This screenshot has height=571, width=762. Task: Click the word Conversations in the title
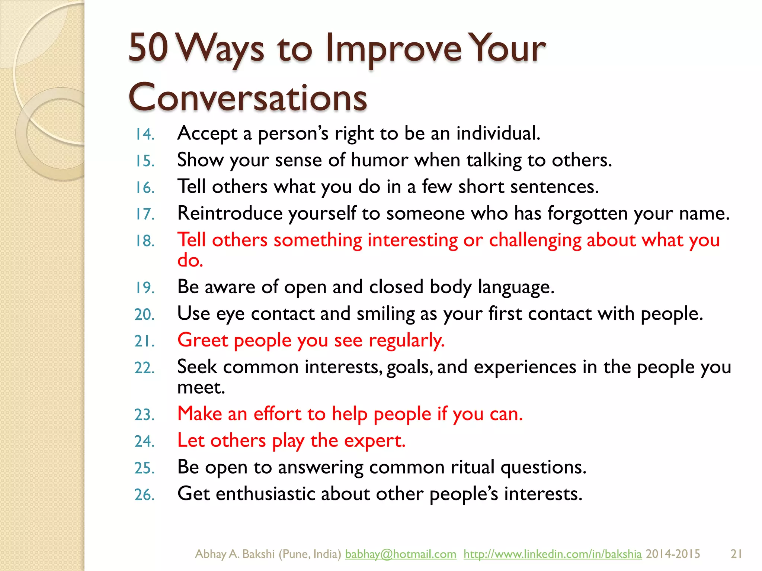click(x=247, y=97)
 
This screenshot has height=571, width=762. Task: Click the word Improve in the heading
click(x=393, y=49)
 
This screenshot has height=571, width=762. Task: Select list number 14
click(x=144, y=134)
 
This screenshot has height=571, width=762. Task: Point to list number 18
click(x=144, y=241)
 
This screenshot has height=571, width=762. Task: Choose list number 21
click(x=144, y=341)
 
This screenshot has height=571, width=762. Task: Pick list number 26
click(x=144, y=495)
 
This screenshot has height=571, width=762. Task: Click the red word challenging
click(x=535, y=241)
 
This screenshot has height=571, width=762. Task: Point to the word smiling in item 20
click(x=385, y=314)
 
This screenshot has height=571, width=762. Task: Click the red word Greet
click(x=203, y=341)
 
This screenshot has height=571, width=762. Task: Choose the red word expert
click(x=374, y=441)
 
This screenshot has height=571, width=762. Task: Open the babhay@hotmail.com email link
click(x=400, y=554)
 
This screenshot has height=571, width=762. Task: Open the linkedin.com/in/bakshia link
click(x=553, y=554)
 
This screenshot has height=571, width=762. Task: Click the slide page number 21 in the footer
click(x=736, y=554)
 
